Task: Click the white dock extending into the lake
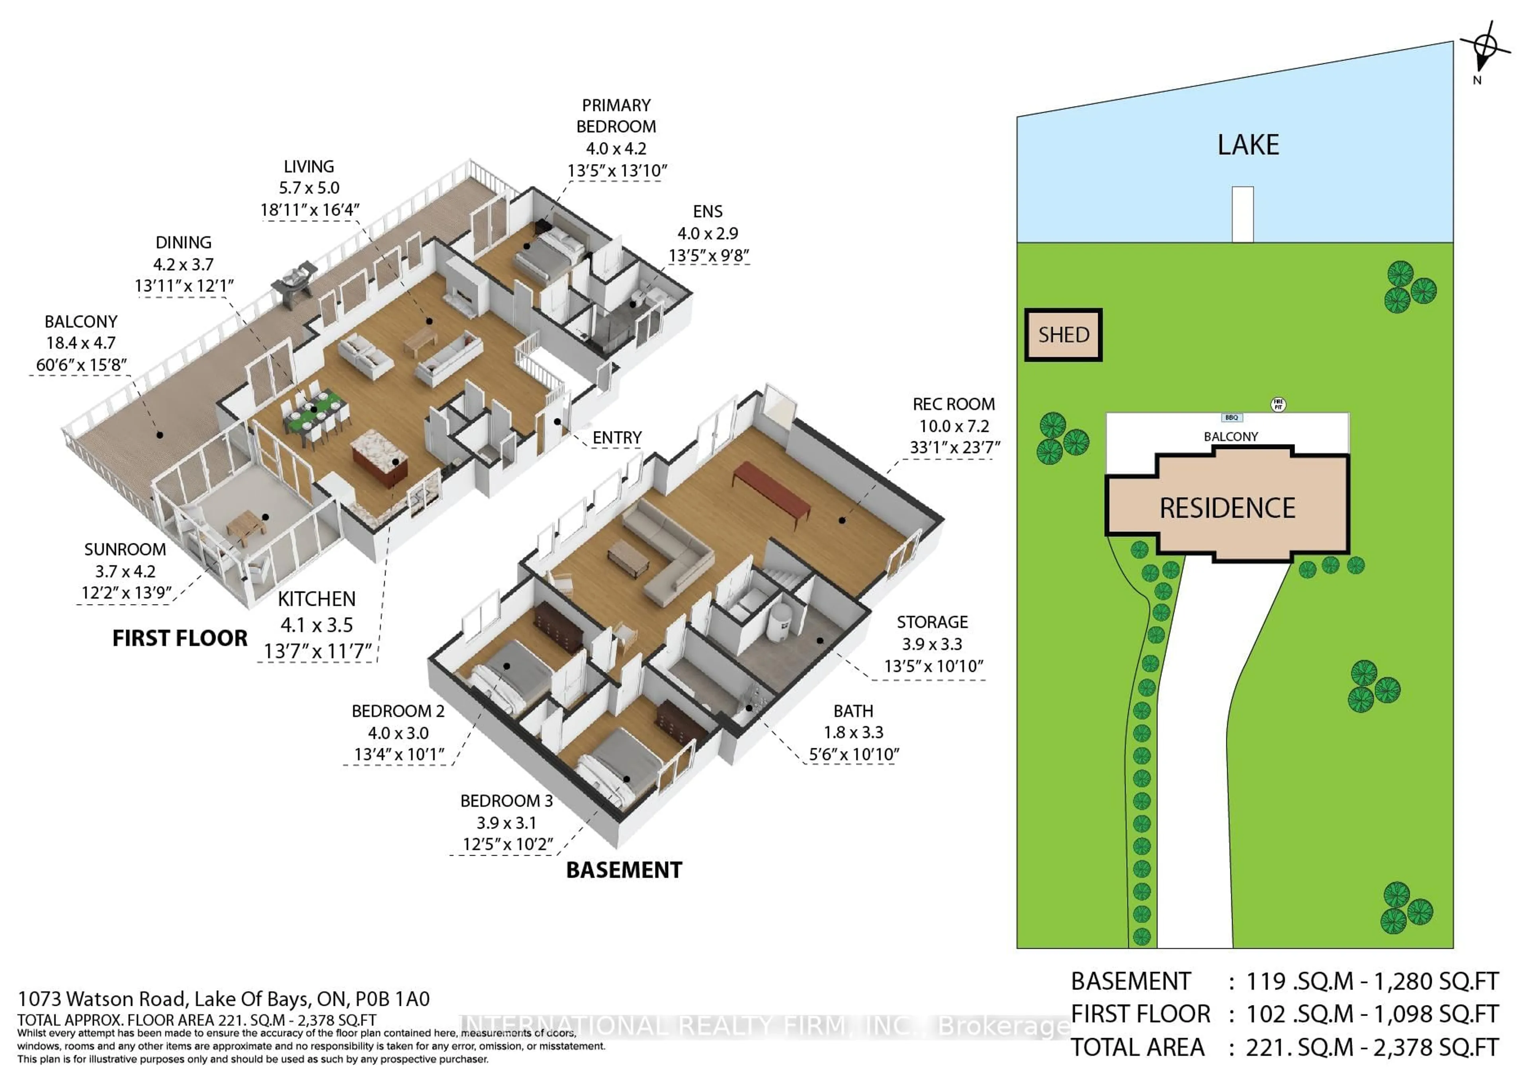[1243, 215]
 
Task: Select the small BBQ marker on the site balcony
[1231, 418]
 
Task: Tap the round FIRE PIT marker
[1277, 404]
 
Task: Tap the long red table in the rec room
[771, 491]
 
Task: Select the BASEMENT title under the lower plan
[624, 870]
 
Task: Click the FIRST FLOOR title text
[180, 638]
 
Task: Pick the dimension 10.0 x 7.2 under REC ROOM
[954, 426]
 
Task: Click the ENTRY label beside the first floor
[617, 437]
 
